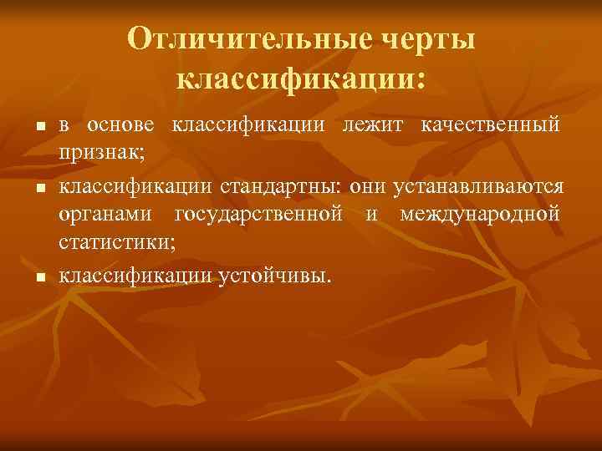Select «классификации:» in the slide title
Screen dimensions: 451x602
pyautogui.click(x=301, y=79)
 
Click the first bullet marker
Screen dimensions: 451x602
pyautogui.click(x=38, y=127)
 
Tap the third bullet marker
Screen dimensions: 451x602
pyautogui.click(x=38, y=276)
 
